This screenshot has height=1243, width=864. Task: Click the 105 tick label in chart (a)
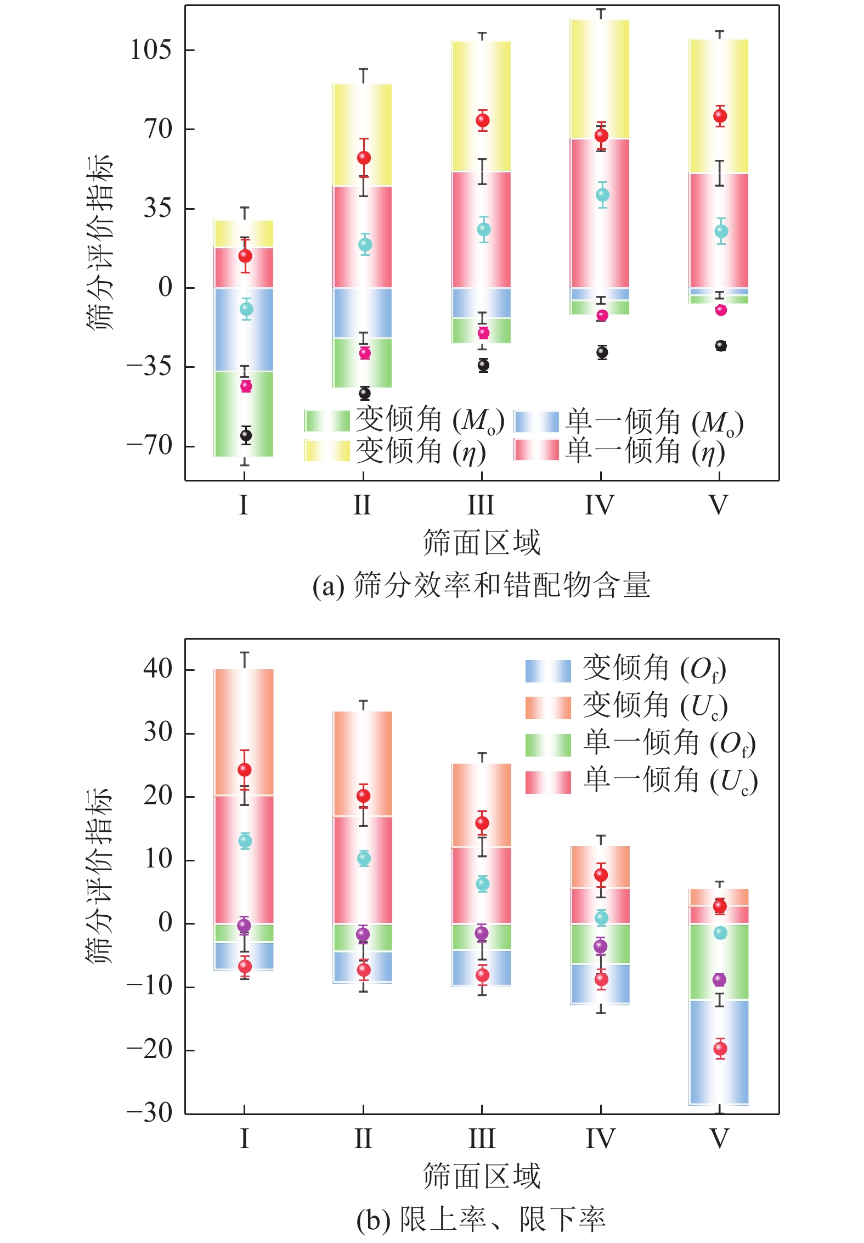pos(150,50)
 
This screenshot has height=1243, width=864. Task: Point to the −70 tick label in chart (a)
pos(149,445)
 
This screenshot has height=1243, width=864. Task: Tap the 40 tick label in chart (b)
pos(157,669)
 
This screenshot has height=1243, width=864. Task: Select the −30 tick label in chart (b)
pos(149,1113)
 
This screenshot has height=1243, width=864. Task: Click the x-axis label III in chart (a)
pos(481,505)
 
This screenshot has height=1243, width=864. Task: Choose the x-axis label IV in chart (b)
pos(600,1139)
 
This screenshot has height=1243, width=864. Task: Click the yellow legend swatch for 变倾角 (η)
pos(327,451)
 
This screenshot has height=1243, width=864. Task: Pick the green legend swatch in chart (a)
pos(327,421)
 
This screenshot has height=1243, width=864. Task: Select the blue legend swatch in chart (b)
pos(547,670)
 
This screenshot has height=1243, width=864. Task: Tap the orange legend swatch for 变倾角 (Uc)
pos(547,707)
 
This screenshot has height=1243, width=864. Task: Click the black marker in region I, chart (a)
pos(246,435)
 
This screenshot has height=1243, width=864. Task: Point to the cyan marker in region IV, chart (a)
pos(602,195)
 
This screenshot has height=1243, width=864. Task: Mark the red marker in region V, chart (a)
pos(720,116)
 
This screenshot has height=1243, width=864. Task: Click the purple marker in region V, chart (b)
pos(719,979)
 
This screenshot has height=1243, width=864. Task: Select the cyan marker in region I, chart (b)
pos(245,841)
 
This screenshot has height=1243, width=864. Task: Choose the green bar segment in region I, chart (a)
pos(244,406)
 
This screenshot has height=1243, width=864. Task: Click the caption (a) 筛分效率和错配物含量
pos(481,585)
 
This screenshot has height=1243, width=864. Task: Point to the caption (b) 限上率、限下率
pos(481,1219)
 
